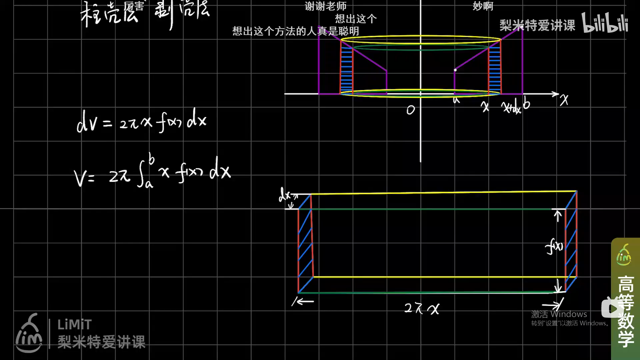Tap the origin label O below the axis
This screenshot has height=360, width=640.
click(411, 110)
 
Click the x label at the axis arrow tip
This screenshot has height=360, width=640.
click(564, 100)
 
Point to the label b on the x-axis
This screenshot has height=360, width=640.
click(526, 104)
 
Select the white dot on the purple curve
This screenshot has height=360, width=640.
click(455, 70)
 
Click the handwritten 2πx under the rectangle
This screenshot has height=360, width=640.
click(422, 308)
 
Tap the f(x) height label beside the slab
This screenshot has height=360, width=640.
click(554, 247)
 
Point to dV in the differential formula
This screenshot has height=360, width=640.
click(87, 123)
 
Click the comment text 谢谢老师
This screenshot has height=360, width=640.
click(325, 6)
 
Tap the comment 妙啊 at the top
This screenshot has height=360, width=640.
click(483, 6)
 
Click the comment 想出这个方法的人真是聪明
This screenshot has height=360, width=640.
click(295, 31)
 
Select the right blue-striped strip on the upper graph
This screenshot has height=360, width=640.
click(495, 70)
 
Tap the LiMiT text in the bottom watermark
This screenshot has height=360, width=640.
click(74, 324)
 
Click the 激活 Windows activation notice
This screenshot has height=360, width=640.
click(559, 314)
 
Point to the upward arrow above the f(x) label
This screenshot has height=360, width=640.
click(558, 216)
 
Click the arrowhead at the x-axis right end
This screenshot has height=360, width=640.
click(556, 94)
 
